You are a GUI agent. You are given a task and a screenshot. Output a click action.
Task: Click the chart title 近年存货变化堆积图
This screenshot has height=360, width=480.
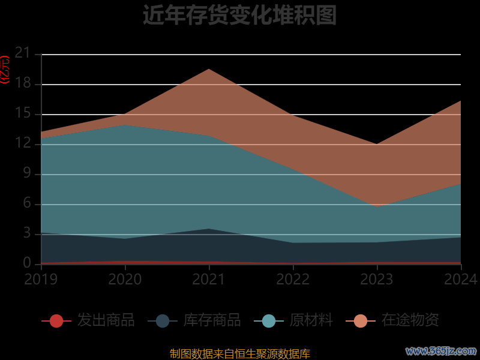239,15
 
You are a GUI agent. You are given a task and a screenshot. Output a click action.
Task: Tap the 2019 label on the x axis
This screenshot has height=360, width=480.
41,279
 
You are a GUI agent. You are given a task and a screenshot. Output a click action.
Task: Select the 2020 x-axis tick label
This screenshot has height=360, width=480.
125,279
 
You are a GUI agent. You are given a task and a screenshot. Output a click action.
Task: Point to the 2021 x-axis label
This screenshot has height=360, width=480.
209,279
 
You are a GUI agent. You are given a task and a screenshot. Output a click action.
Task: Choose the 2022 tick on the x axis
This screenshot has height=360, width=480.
293,279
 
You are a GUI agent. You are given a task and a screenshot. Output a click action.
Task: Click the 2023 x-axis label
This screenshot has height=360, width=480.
377,279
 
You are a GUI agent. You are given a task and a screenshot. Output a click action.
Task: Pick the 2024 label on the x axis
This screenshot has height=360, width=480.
460,279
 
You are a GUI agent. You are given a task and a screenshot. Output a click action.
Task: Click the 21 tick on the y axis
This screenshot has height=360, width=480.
22,54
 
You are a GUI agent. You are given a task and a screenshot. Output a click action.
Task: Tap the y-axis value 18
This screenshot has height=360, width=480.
22,84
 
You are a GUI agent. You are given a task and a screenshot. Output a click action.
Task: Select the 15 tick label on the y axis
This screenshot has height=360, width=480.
22,114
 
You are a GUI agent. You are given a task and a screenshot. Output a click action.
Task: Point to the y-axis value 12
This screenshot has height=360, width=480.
22,144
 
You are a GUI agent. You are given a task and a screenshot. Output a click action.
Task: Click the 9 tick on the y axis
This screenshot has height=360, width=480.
26,174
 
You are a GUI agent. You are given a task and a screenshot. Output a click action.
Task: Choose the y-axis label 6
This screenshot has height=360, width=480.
26,204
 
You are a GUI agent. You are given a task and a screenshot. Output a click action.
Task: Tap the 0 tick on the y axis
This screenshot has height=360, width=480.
26,263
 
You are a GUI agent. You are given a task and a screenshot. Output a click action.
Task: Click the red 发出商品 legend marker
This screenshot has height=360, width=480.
56,321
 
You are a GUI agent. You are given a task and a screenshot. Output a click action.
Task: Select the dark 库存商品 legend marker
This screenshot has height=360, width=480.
163,321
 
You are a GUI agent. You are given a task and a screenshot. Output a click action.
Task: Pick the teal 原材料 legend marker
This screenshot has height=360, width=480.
269,321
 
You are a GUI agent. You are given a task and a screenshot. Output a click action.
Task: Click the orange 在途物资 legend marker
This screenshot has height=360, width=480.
361,321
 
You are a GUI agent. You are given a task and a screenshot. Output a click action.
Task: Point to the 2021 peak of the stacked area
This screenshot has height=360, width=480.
209,69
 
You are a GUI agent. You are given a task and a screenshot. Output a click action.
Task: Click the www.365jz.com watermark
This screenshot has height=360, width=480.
441,351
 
